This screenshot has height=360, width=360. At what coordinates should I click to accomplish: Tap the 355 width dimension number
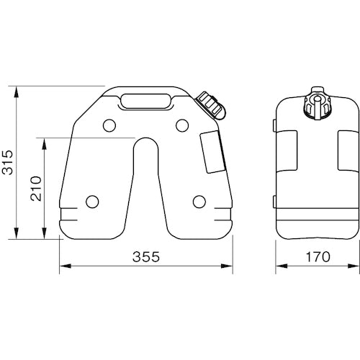pos(146,256)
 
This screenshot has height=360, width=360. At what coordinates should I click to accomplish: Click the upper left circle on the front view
pos(109,127)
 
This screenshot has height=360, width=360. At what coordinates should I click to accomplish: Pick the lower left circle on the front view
pos(91,201)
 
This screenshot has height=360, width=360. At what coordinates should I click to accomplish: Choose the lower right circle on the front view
pos(199,201)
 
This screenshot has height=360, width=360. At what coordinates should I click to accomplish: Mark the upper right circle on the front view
pos(182,127)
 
